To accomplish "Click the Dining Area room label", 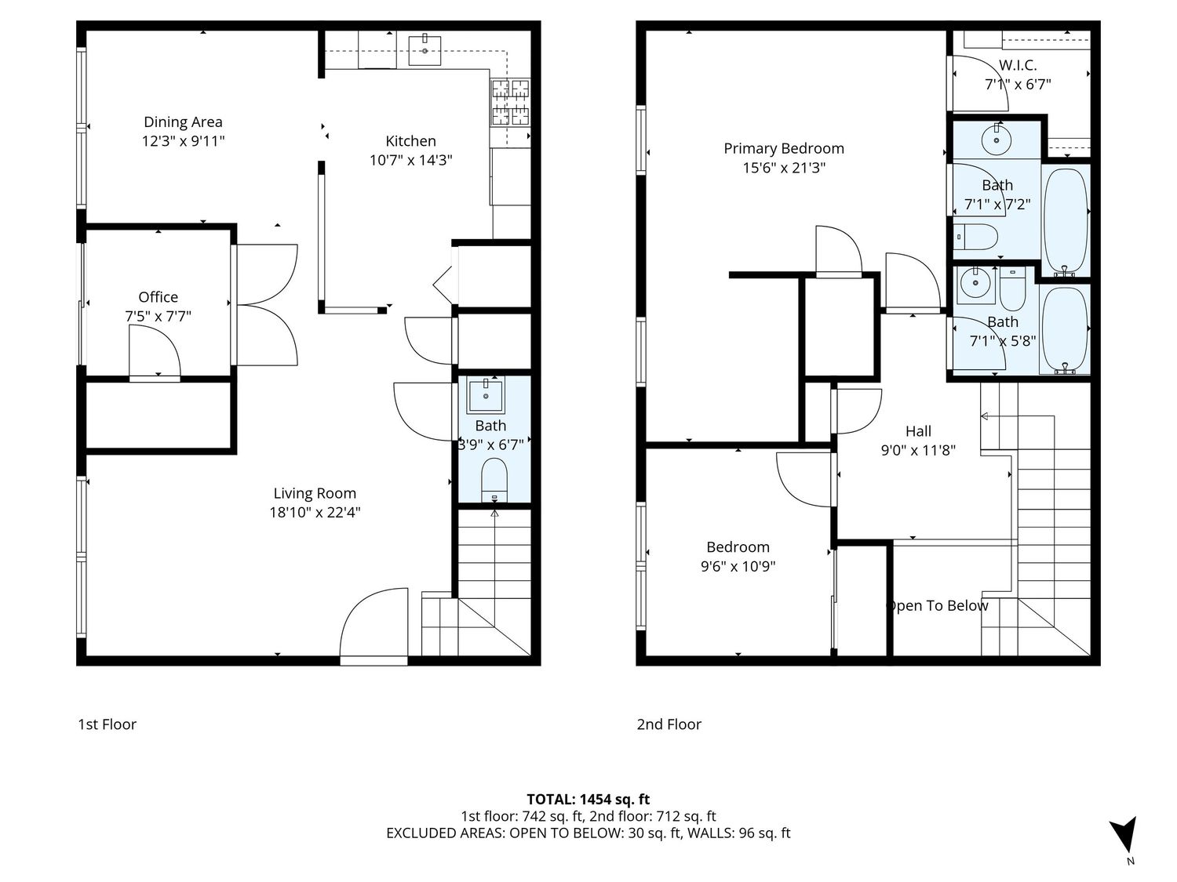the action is coord(183,122).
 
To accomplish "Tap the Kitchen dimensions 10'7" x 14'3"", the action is coord(410,160).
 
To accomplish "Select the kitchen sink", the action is coord(425,50).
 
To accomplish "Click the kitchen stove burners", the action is coord(511,102).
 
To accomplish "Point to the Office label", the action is coord(159,296).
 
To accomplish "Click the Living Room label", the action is coord(315,493).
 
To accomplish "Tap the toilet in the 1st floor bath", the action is coord(494,480).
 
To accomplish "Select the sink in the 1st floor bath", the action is coord(485,396).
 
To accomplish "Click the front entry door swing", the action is coord(374,622).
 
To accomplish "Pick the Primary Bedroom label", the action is coord(783,148).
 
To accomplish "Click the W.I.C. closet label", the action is coord(1018,65).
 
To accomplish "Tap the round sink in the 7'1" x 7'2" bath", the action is coord(997,140).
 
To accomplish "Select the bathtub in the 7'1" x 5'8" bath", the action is coord(1064,329).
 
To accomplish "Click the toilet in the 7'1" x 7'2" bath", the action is coord(975,236).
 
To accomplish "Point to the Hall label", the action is coord(918,431).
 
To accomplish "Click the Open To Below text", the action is coord(937,606).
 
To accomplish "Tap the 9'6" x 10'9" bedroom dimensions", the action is coord(738,566).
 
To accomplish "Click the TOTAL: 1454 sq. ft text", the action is coord(588,800).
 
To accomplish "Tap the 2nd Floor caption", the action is coord(669,724).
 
